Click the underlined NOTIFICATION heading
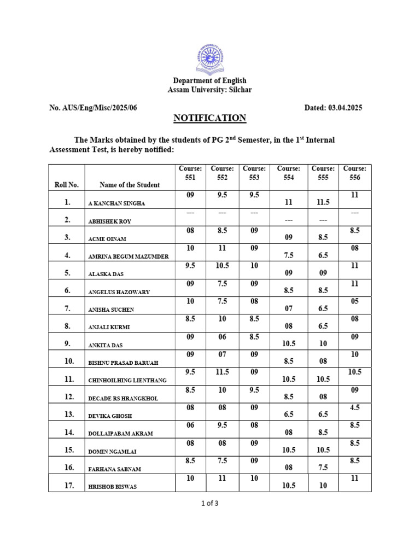(x=210, y=118)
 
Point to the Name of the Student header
(x=130, y=185)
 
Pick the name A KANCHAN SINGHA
(x=116, y=203)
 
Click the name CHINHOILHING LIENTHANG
(x=127, y=380)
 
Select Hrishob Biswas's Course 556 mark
(x=354, y=478)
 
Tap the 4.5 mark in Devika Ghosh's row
(x=354, y=407)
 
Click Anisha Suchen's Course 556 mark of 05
(x=354, y=301)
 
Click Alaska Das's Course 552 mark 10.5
(x=222, y=265)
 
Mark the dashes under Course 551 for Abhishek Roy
(x=190, y=212)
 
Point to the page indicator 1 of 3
(x=210, y=504)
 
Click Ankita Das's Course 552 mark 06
(x=222, y=336)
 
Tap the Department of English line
(x=210, y=81)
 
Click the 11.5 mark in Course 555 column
(x=323, y=202)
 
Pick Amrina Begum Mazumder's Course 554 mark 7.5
(x=289, y=255)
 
